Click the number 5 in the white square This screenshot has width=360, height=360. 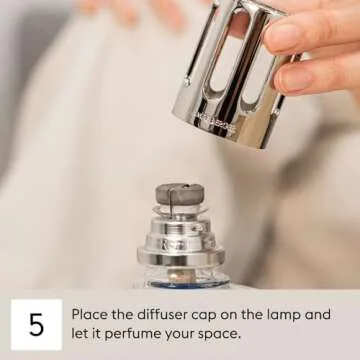point(36,324)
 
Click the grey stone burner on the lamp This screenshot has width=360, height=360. point(180,194)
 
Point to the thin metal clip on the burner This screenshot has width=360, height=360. point(171,202)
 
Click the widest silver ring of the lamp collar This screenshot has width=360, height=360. point(181,257)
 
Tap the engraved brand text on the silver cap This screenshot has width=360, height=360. point(215,123)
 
